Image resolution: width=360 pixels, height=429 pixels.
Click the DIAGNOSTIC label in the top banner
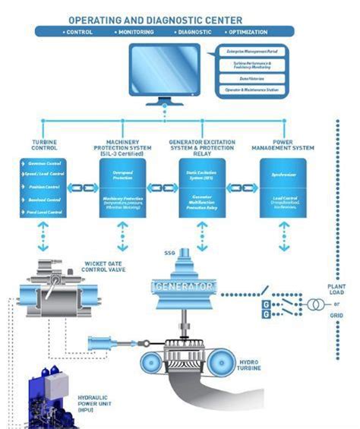[194, 32]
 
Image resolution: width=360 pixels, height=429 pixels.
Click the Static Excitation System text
[202, 175]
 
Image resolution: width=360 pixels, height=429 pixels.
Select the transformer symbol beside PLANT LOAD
[314, 305]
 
